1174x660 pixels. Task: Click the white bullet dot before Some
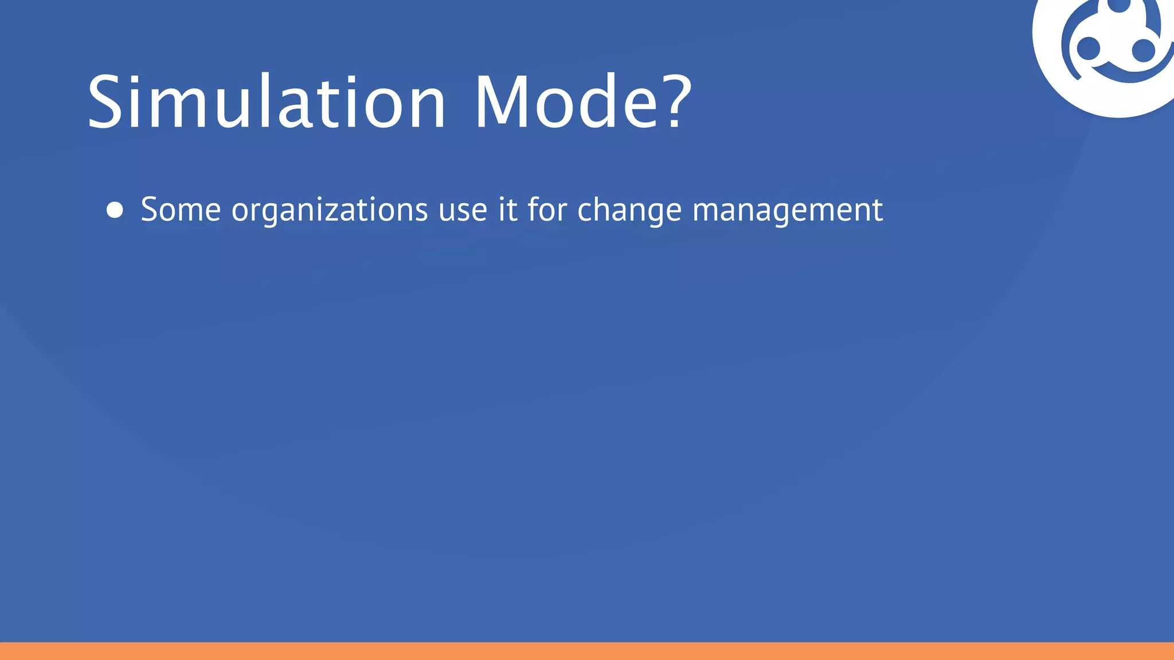tap(115, 210)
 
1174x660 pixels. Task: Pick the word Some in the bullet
tap(181, 210)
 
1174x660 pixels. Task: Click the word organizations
tap(330, 211)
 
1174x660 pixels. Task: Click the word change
tap(629, 211)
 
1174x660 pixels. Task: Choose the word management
tap(788, 211)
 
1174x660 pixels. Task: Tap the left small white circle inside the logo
tap(1088, 49)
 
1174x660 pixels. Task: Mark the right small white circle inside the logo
tap(1144, 50)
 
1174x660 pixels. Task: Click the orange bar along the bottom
tap(587, 651)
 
